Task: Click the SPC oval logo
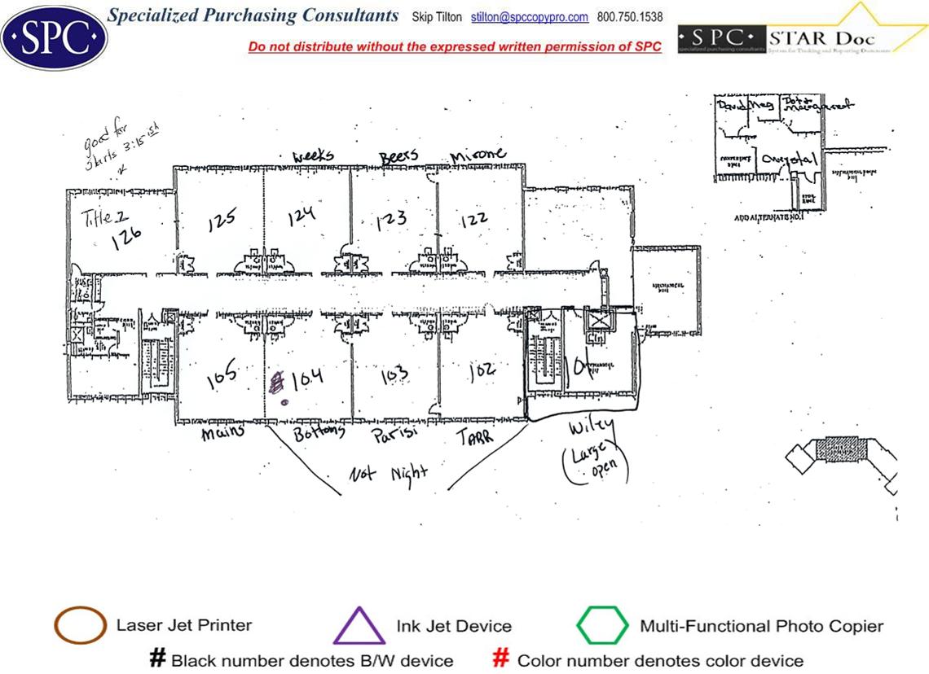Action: pyautogui.click(x=54, y=37)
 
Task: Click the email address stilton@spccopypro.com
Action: pyautogui.click(x=530, y=17)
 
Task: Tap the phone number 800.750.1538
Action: pyautogui.click(x=630, y=17)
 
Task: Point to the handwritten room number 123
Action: pyautogui.click(x=391, y=222)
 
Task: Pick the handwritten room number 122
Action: pyautogui.click(x=473, y=220)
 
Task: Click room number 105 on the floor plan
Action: pyautogui.click(x=221, y=374)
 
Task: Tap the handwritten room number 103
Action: pyautogui.click(x=394, y=376)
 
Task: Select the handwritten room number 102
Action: pyautogui.click(x=482, y=372)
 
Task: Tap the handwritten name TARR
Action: pyautogui.click(x=473, y=435)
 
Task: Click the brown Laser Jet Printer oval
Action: pyautogui.click(x=80, y=626)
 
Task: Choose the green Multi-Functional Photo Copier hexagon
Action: pyautogui.click(x=602, y=626)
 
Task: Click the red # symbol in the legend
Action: pyautogui.click(x=502, y=659)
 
